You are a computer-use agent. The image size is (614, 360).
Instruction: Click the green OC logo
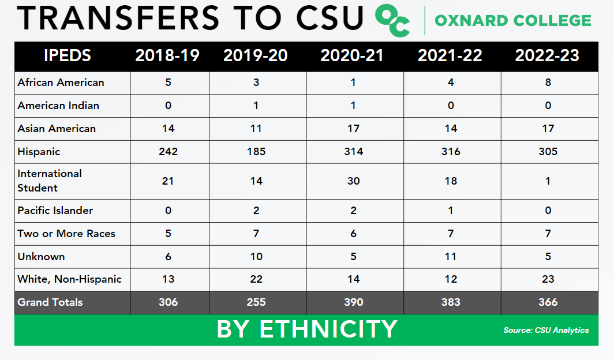click(392, 20)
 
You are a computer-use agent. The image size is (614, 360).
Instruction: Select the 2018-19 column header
click(167, 56)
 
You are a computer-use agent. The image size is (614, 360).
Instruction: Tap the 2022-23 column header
click(547, 56)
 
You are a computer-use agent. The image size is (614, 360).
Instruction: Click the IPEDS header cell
click(68, 56)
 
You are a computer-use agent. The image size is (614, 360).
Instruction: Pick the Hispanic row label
click(39, 152)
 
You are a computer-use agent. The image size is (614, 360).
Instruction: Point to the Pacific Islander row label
click(55, 211)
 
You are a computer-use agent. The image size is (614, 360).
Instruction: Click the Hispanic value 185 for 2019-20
click(256, 152)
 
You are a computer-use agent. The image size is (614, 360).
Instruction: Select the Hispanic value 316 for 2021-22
click(451, 152)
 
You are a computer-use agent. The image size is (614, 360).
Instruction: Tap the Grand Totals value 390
click(353, 302)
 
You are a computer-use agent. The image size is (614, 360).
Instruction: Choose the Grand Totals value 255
click(256, 302)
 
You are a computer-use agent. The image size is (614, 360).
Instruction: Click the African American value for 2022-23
click(548, 82)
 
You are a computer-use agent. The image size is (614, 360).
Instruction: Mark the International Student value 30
click(353, 181)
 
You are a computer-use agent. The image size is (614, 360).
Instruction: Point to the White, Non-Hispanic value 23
click(548, 279)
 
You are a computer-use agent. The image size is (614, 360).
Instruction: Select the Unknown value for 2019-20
click(256, 257)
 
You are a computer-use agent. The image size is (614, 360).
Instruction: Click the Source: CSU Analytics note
click(546, 331)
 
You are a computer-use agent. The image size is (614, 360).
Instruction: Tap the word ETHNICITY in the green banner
click(328, 329)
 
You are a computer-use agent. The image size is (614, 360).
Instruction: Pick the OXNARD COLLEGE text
click(512, 21)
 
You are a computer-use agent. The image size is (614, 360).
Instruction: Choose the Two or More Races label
click(66, 234)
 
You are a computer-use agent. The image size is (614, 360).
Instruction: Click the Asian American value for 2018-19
click(168, 129)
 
